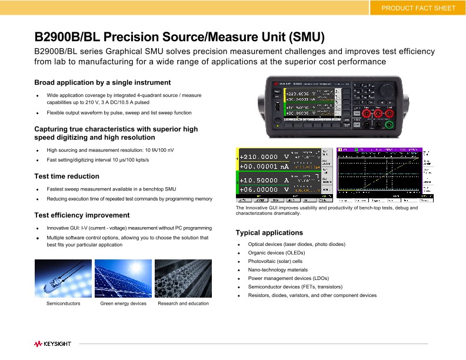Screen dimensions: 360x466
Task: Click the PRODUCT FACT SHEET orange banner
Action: tap(418, 8)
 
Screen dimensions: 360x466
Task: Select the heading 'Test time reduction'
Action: tap(67, 176)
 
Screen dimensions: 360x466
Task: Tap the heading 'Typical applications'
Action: tap(269, 232)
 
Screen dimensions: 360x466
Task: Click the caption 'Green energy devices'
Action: tap(123, 304)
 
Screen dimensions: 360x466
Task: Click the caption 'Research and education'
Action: tap(183, 304)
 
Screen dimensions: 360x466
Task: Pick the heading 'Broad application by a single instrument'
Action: tap(102, 82)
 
